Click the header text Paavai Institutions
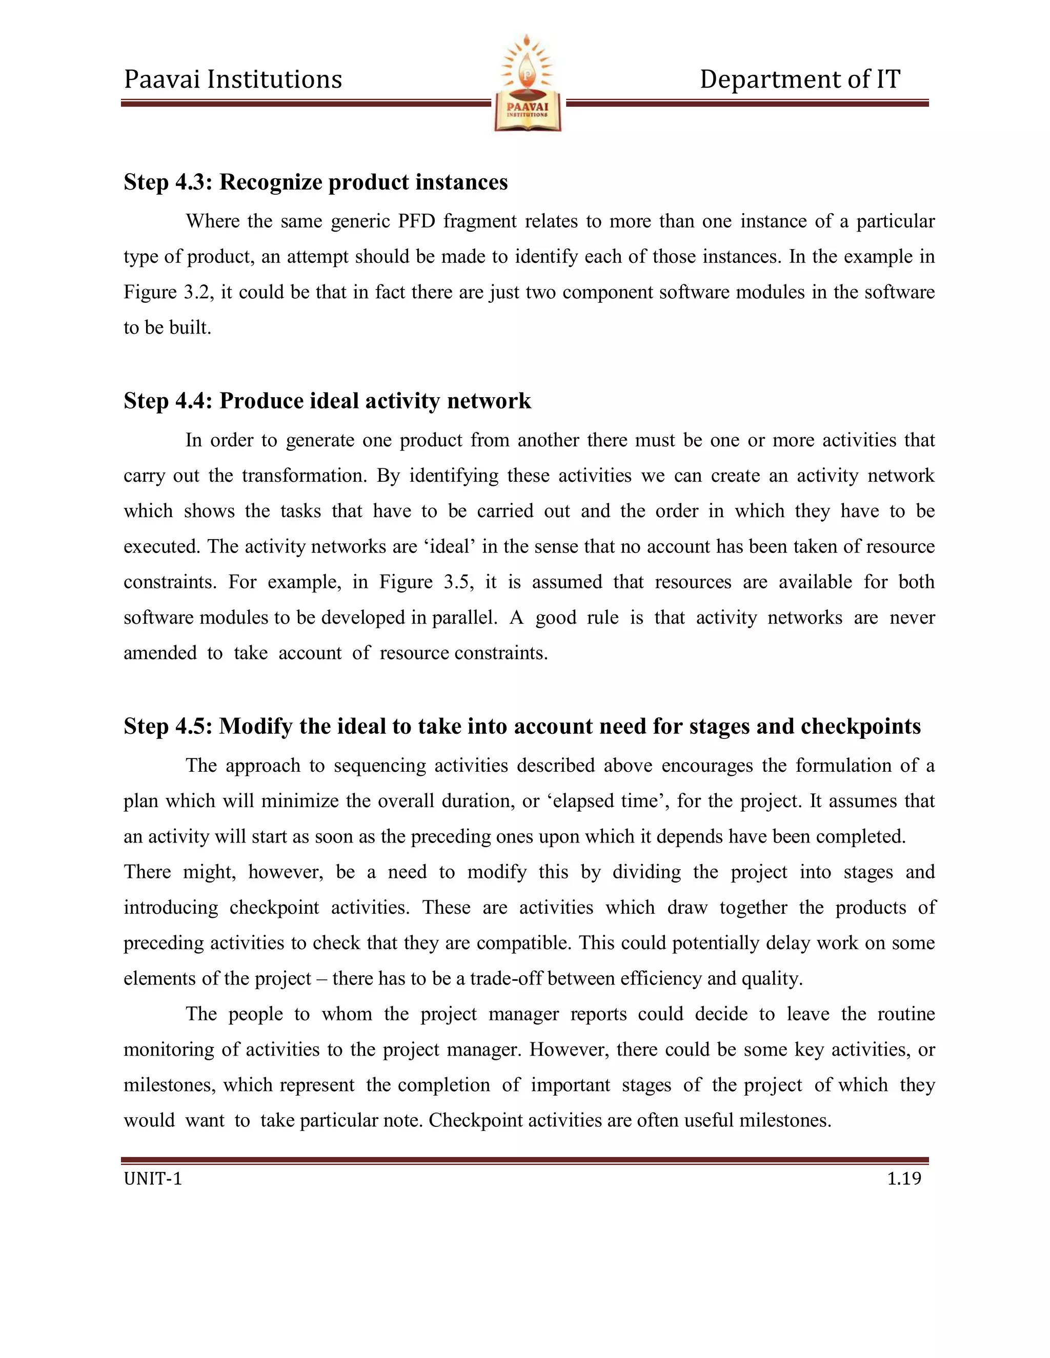coord(233,79)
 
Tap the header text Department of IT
coord(799,79)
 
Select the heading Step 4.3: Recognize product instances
coord(315,182)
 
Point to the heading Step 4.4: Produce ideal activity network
coord(327,401)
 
